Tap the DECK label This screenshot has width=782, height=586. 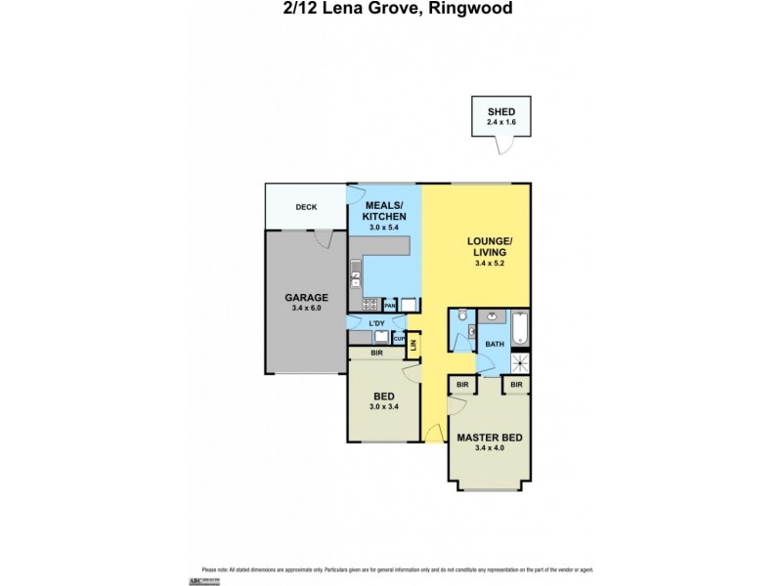[306, 207]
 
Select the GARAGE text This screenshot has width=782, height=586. [306, 297]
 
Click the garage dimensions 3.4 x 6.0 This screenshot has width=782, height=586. [306, 308]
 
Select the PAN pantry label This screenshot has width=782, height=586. [389, 306]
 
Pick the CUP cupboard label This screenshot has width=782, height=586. [399, 338]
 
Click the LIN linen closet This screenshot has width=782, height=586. [414, 345]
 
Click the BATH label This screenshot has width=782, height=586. [494, 344]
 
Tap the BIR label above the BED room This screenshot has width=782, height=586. [375, 352]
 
